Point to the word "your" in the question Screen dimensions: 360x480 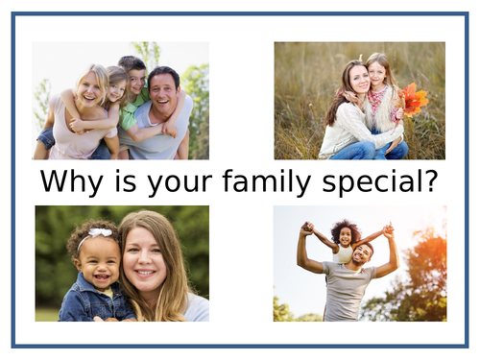(x=177, y=181)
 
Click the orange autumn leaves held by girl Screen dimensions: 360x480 (x=414, y=98)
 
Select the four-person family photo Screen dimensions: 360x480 (x=120, y=100)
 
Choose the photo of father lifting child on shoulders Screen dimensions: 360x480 (x=359, y=262)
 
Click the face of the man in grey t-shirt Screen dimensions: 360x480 (x=360, y=254)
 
